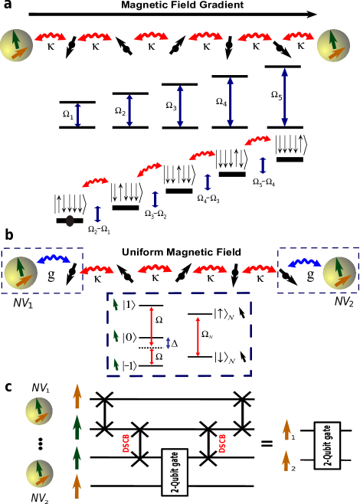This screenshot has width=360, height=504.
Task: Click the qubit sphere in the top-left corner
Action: [17, 45]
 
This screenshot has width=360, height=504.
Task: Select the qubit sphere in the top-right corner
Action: [333, 45]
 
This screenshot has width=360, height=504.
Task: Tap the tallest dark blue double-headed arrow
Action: [284, 97]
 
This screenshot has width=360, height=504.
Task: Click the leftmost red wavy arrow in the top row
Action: [50, 36]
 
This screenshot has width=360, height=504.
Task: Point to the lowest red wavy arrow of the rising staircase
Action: [96, 182]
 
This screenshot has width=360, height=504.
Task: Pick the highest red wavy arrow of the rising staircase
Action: [257, 140]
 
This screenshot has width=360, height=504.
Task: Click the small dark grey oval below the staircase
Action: [70, 221]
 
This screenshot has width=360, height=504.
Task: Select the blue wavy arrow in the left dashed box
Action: [53, 260]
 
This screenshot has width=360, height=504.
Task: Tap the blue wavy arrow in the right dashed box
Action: [304, 263]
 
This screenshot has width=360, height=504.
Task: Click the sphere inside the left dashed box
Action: [21, 273]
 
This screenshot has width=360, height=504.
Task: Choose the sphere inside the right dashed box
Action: [339, 273]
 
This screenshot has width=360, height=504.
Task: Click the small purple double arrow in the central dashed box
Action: [169, 343]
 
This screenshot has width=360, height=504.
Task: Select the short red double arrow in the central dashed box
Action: [152, 356]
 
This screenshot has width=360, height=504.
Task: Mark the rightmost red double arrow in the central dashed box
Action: [198, 337]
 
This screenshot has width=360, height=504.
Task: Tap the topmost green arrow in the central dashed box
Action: [116, 304]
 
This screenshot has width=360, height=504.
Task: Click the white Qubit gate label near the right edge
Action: [327, 443]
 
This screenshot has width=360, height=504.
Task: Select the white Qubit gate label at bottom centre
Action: [175, 470]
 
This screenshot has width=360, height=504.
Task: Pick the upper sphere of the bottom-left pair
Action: [39, 411]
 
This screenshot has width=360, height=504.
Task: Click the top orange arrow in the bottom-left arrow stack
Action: [77, 396]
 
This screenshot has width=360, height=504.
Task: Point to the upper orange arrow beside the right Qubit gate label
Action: [286, 429]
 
